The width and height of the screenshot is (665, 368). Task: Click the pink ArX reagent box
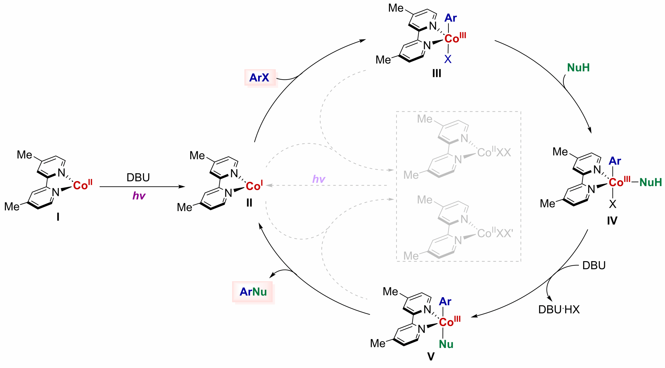[x=259, y=78]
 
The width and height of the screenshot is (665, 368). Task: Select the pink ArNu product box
[x=253, y=292]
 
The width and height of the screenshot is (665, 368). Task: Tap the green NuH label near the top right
[x=578, y=68]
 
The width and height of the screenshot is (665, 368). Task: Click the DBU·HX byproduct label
[x=559, y=310]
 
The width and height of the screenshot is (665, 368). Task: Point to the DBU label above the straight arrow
[x=138, y=177]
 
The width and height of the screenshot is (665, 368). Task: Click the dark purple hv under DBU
[x=139, y=196]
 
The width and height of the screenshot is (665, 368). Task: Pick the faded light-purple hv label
[x=319, y=179]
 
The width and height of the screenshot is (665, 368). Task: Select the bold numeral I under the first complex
[x=58, y=217]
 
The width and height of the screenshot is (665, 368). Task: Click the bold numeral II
[x=249, y=203]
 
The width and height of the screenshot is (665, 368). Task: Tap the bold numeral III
[x=437, y=73]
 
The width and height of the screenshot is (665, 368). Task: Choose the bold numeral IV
[x=612, y=221]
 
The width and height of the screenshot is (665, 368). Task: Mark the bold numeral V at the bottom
[x=431, y=357]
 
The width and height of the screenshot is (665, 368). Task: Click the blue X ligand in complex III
[x=448, y=59]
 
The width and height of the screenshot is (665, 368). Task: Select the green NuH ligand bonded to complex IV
[x=650, y=183]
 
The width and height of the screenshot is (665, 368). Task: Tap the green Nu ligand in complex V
[x=446, y=344]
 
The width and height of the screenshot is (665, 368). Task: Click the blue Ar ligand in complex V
[x=445, y=301]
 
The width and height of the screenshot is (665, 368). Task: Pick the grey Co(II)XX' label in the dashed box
[x=495, y=233]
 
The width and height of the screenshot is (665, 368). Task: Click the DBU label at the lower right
[x=594, y=265]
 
